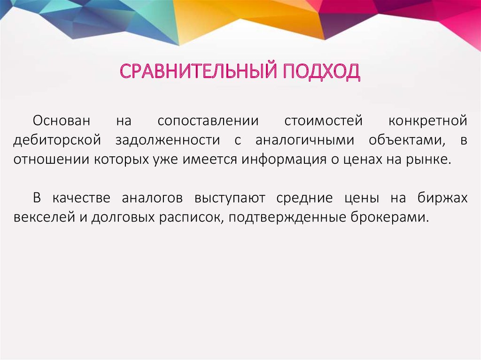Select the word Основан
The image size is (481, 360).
(61, 121)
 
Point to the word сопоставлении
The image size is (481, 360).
(208, 121)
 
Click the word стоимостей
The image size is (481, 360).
(324, 121)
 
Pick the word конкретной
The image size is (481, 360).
(428, 121)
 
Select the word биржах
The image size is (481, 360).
(442, 198)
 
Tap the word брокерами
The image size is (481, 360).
(389, 217)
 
